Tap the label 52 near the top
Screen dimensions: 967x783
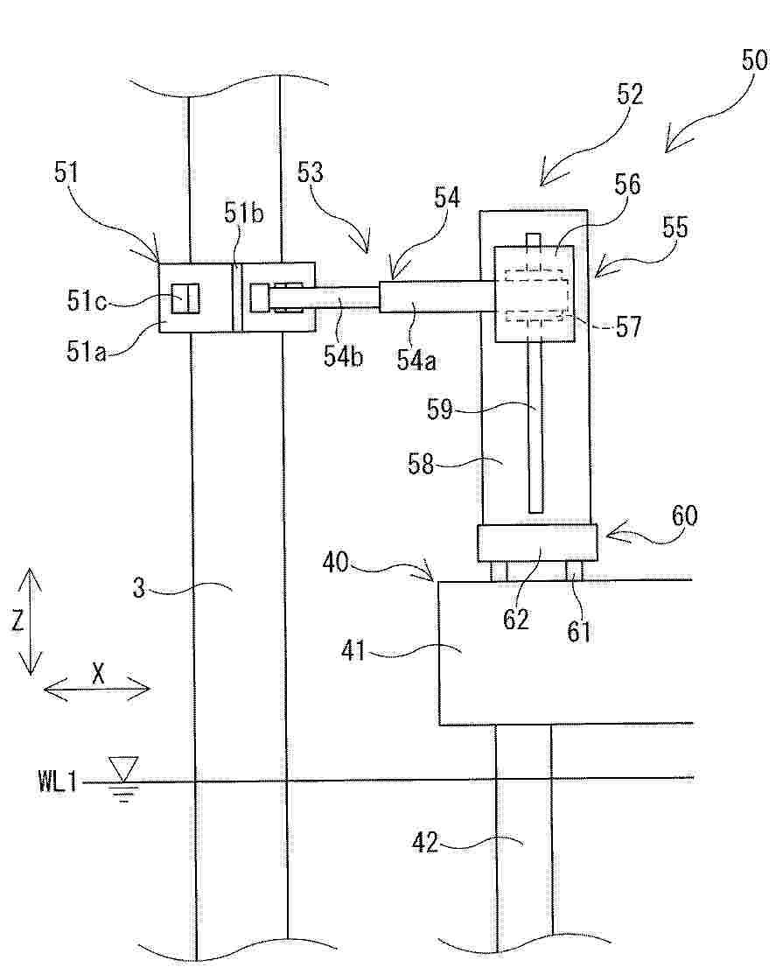click(x=627, y=94)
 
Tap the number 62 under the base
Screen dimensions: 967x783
click(x=517, y=620)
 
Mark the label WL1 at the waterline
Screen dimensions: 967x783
click(x=58, y=781)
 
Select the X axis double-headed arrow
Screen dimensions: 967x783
click(x=96, y=689)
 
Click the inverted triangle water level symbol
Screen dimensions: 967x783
click(x=122, y=769)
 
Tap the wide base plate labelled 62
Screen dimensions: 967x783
click(x=537, y=543)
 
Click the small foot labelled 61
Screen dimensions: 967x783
click(x=575, y=571)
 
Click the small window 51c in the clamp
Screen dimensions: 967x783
click(x=186, y=298)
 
